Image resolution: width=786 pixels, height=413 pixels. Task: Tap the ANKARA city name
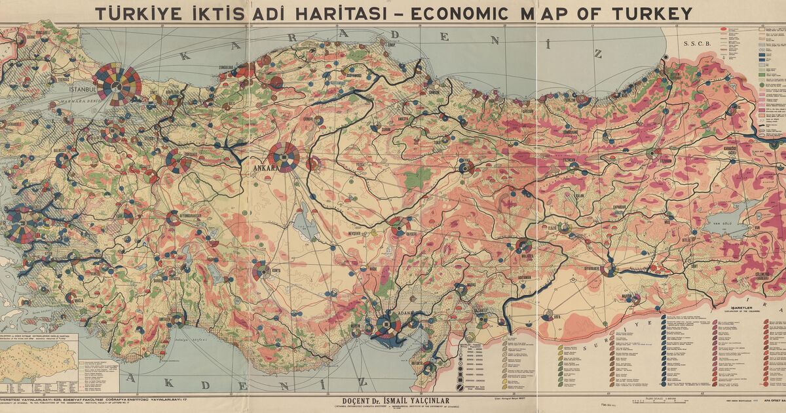(265, 167)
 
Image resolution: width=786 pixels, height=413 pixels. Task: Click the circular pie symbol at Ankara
(284, 157)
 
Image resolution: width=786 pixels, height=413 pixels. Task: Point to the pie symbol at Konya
(261, 269)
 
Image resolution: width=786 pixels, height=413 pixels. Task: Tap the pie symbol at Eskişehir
(178, 161)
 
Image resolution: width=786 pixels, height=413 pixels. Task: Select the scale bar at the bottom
(655, 401)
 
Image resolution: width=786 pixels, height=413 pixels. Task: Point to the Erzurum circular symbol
(652, 154)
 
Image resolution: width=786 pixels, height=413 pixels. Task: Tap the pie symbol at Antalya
(178, 320)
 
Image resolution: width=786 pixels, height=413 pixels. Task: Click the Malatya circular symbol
(523, 246)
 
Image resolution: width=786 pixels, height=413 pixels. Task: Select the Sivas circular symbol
(466, 167)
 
